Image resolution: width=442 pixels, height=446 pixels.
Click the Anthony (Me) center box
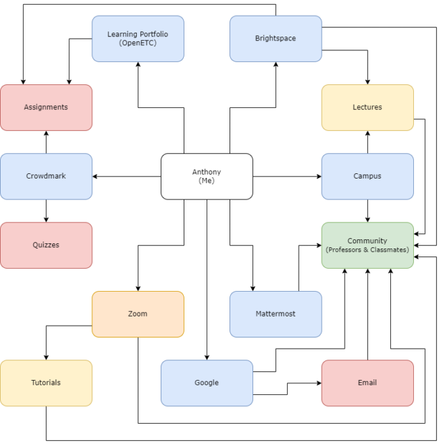click(x=207, y=176)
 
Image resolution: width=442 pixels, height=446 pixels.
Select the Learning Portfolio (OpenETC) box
click(x=137, y=39)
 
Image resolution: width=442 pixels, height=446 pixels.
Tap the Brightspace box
click(x=275, y=39)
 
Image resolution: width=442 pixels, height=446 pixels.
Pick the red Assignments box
click(x=46, y=107)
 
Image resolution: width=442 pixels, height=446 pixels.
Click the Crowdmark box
click(x=46, y=176)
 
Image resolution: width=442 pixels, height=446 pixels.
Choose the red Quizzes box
click(x=46, y=245)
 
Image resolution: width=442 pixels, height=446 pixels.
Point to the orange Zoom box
click(x=137, y=314)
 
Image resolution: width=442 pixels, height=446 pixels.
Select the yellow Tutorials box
click(x=46, y=383)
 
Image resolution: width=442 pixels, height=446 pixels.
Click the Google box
click(x=207, y=383)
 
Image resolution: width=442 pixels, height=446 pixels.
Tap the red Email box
click(x=367, y=383)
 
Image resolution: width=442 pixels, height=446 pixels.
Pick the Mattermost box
click(x=275, y=314)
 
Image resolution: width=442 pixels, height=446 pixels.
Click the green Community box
click(x=367, y=245)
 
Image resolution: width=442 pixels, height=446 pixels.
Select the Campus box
click(x=367, y=176)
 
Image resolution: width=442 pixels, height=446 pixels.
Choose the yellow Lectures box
click(x=367, y=107)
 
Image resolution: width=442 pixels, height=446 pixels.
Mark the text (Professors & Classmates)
click(x=367, y=250)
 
